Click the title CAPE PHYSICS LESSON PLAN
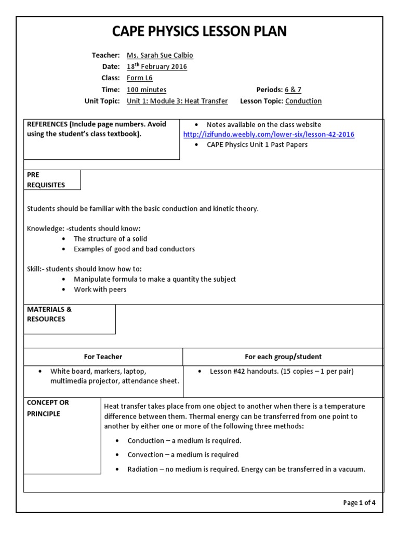[199, 32]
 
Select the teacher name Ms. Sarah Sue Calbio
[160, 56]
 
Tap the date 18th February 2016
[157, 67]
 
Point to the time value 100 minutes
[147, 90]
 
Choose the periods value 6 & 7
[292, 90]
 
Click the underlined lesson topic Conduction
[303, 101]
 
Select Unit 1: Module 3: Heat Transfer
[177, 101]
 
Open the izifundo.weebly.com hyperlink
[269, 134]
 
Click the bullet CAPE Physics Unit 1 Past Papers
[257, 145]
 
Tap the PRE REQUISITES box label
[46, 180]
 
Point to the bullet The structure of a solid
[110, 239]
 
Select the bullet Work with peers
[100, 289]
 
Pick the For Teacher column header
[103, 357]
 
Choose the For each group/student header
[283, 357]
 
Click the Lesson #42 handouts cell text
[282, 372]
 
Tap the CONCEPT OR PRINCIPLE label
[48, 408]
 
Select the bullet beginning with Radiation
[246, 469]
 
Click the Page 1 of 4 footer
[359, 502]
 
